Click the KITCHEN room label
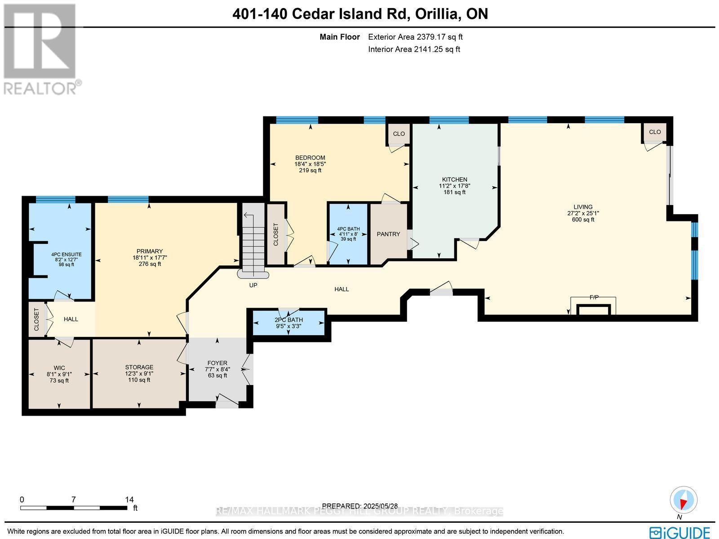coord(454,179)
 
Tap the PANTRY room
coord(388,234)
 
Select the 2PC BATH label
coord(288,320)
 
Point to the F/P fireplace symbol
coord(593,306)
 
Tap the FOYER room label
coord(217,363)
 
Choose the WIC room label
coord(59,368)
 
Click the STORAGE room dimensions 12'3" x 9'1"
coord(139,373)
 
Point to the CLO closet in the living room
coord(655,132)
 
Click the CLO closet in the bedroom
coord(399,134)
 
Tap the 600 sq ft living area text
coord(583,220)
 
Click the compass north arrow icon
coord(683,501)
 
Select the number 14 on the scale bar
coord(129,499)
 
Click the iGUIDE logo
coord(680,533)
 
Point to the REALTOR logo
coord(41,49)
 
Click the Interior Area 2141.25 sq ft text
coord(414,49)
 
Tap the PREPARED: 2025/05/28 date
coord(360,506)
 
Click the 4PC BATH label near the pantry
coord(348,229)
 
